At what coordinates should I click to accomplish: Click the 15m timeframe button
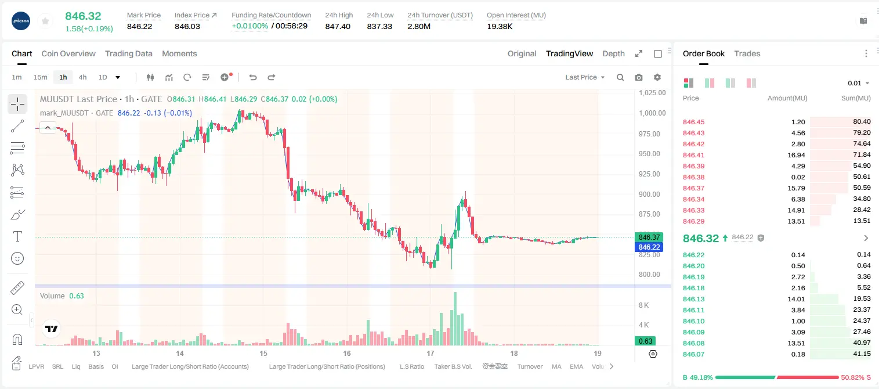click(41, 77)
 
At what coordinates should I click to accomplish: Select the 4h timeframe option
click(82, 77)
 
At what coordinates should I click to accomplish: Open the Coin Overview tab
click(68, 53)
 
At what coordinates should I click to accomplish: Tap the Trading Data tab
click(129, 53)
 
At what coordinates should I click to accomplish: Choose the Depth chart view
click(613, 53)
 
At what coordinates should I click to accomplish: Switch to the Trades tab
click(747, 53)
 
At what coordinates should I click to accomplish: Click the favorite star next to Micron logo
click(45, 21)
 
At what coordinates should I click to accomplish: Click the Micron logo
click(21, 21)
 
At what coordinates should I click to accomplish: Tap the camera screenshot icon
click(639, 77)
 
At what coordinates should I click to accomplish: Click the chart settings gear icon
click(657, 77)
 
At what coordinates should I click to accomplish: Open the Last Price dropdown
click(585, 77)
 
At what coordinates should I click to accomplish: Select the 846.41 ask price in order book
click(693, 155)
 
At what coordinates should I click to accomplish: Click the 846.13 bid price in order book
click(693, 299)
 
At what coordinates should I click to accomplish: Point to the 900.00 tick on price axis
click(649, 195)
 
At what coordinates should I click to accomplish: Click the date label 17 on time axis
click(431, 353)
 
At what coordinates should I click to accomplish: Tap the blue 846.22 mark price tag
click(649, 247)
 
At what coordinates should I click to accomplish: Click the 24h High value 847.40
click(338, 26)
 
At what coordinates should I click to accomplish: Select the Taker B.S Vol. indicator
click(453, 366)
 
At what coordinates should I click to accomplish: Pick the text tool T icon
click(17, 236)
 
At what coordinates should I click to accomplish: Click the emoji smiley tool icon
click(17, 258)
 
